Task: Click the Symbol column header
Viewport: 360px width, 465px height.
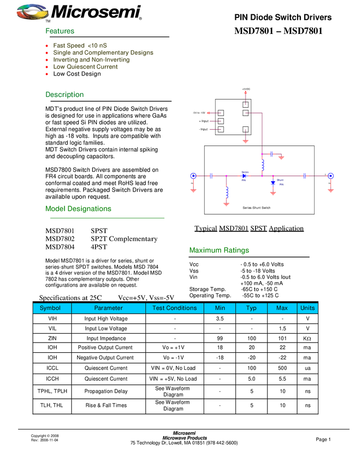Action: [x=52, y=308]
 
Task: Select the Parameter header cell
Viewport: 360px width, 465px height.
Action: [x=108, y=308]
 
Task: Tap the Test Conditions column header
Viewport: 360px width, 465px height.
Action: [x=175, y=308]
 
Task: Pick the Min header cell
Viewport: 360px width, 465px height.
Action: [x=220, y=308]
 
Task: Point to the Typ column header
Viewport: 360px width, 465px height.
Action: [x=251, y=308]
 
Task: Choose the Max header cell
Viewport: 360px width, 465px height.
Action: [x=282, y=308]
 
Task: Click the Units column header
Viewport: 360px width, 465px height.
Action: [x=307, y=308]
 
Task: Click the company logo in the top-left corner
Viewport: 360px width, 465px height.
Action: [x=32, y=12]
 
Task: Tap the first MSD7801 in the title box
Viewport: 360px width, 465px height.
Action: [x=254, y=31]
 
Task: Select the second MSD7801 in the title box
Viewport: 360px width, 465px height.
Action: [x=303, y=31]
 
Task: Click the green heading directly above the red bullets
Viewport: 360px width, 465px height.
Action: [x=60, y=31]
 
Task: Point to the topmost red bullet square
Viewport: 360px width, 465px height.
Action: [x=47, y=45]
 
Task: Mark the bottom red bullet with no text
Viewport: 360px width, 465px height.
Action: [x=47, y=74]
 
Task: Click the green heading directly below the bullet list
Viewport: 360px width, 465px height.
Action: [x=65, y=95]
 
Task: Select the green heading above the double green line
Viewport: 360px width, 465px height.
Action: [x=78, y=208]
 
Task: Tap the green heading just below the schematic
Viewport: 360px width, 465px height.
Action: [x=219, y=250]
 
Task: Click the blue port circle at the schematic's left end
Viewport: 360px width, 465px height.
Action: [x=193, y=176]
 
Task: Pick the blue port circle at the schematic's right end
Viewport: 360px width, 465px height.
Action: [x=330, y=176]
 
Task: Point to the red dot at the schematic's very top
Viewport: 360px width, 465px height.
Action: [x=246, y=93]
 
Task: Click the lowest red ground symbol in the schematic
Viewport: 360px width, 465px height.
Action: [x=227, y=204]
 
